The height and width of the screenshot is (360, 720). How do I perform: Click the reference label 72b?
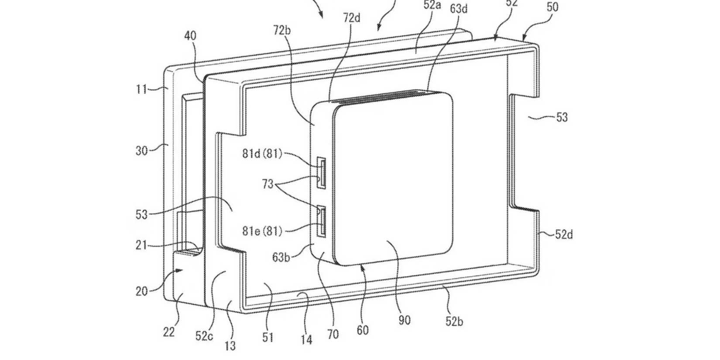click(282, 30)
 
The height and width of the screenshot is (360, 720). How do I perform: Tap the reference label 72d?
click(352, 18)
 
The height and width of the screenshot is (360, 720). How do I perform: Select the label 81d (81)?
click(262, 154)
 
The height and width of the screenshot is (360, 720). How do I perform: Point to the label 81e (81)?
click(262, 230)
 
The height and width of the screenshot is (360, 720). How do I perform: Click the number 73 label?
click(267, 184)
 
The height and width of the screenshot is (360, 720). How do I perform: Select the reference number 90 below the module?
click(405, 320)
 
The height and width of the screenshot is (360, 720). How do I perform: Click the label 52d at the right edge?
click(564, 235)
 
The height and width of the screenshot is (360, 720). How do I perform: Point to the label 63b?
click(281, 257)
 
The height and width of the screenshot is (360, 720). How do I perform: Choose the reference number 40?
click(190, 36)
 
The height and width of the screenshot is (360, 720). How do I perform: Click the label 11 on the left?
click(141, 89)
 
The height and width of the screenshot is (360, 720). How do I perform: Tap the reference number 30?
click(141, 151)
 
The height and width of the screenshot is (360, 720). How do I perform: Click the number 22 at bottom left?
click(169, 332)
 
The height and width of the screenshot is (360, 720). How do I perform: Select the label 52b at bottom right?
click(454, 322)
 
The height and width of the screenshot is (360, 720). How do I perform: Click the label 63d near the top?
click(459, 8)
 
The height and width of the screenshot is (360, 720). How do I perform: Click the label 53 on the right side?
click(562, 117)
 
